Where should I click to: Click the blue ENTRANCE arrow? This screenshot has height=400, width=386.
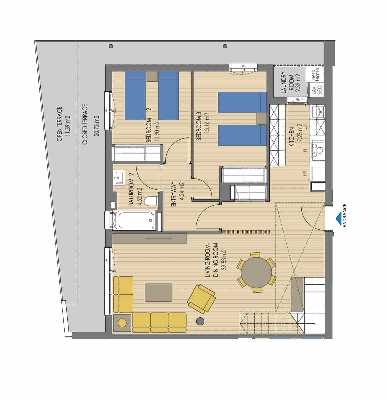338,217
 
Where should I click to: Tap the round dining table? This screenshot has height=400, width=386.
256,272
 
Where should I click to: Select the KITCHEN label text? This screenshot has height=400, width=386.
292,137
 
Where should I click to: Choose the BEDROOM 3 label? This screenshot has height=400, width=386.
199,127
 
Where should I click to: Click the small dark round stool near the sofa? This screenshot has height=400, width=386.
200,321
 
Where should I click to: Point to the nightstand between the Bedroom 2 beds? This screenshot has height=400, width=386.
152,76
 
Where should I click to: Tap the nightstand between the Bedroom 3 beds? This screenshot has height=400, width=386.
261,119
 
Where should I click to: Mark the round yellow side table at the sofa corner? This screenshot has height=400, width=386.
122,322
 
